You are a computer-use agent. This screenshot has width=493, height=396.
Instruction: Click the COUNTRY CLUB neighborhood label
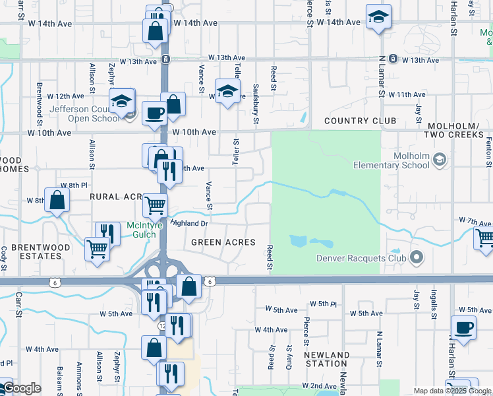click(x=360, y=121)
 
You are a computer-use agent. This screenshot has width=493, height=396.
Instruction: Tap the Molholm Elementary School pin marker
click(x=440, y=160)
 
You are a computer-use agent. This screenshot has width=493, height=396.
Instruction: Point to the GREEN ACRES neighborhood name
click(x=223, y=242)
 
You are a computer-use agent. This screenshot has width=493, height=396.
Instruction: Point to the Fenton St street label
click(x=488, y=152)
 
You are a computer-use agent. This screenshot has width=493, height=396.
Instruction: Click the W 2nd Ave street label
click(x=320, y=385)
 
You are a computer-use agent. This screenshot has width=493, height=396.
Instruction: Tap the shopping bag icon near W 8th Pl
click(x=57, y=200)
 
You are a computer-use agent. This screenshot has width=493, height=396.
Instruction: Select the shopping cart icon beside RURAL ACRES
click(x=156, y=205)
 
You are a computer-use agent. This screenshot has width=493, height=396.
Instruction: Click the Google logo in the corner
click(x=21, y=389)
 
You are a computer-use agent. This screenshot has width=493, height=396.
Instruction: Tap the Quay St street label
click(x=289, y=356)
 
